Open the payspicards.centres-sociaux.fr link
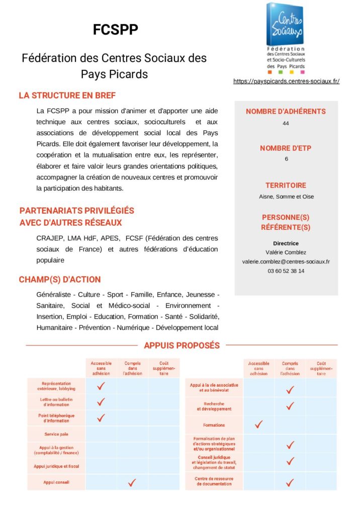click(286, 81)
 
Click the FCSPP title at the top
click(115, 30)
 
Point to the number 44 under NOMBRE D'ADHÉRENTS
click(286, 123)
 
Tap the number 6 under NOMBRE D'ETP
click(286, 159)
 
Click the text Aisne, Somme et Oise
click(286, 197)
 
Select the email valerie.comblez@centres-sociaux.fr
click(286, 262)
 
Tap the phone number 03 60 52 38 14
click(286, 271)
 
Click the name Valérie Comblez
click(286, 252)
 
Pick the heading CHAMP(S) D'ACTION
click(60, 280)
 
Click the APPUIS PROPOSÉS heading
click(181, 346)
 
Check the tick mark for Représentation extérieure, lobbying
click(101, 386)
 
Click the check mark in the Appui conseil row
click(132, 482)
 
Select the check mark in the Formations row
click(259, 424)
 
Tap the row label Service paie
click(57, 434)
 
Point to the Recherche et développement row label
click(214, 406)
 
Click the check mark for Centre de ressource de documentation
click(290, 482)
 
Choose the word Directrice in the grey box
click(286, 243)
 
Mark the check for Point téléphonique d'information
click(101, 417)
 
